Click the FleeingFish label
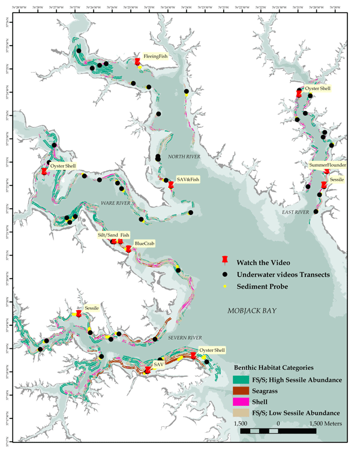155,56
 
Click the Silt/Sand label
107,235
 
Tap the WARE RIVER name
115,203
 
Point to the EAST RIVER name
295,212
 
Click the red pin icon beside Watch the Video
225,260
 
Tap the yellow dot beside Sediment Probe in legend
225,287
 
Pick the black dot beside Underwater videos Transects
225,274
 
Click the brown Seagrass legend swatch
240,391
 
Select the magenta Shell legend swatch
240,402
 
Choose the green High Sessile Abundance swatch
240,379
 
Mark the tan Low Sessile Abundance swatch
240,413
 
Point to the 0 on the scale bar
278,424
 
